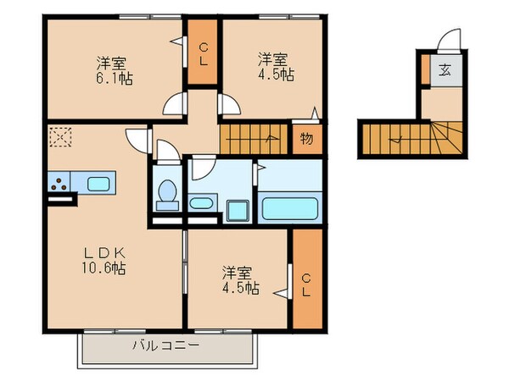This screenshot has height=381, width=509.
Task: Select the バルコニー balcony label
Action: pos(165,345)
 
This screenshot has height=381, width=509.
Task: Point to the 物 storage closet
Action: pos(306,139)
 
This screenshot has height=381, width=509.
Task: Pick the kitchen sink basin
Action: pos(98,183)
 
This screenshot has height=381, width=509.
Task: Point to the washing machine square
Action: pos(237,208)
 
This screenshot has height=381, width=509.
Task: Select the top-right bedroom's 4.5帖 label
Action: pos(277,75)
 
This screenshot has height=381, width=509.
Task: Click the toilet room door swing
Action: pos(167,149)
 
